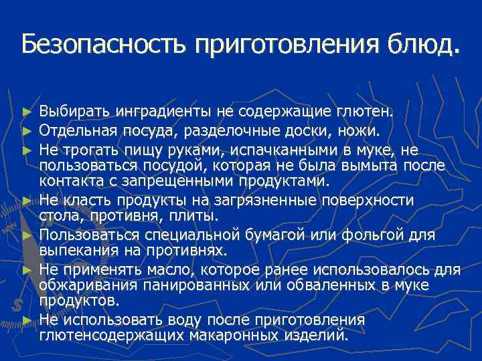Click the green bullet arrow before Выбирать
(x=27, y=110)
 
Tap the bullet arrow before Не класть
(x=27, y=200)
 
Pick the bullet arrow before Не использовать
(x=27, y=321)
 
